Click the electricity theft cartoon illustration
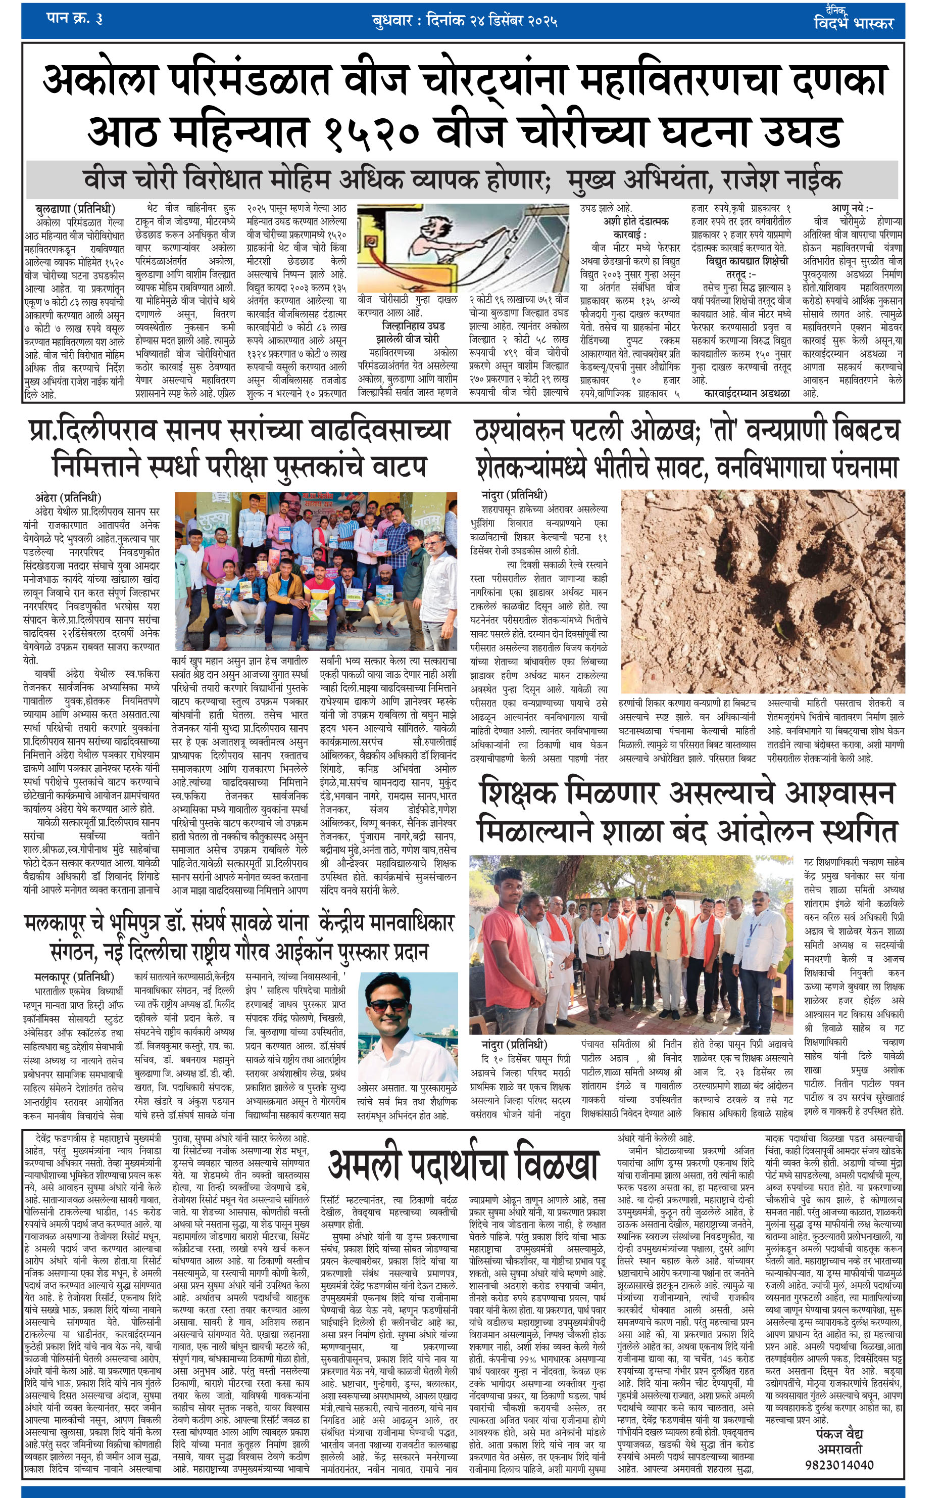[463, 247]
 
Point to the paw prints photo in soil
[762, 590]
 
